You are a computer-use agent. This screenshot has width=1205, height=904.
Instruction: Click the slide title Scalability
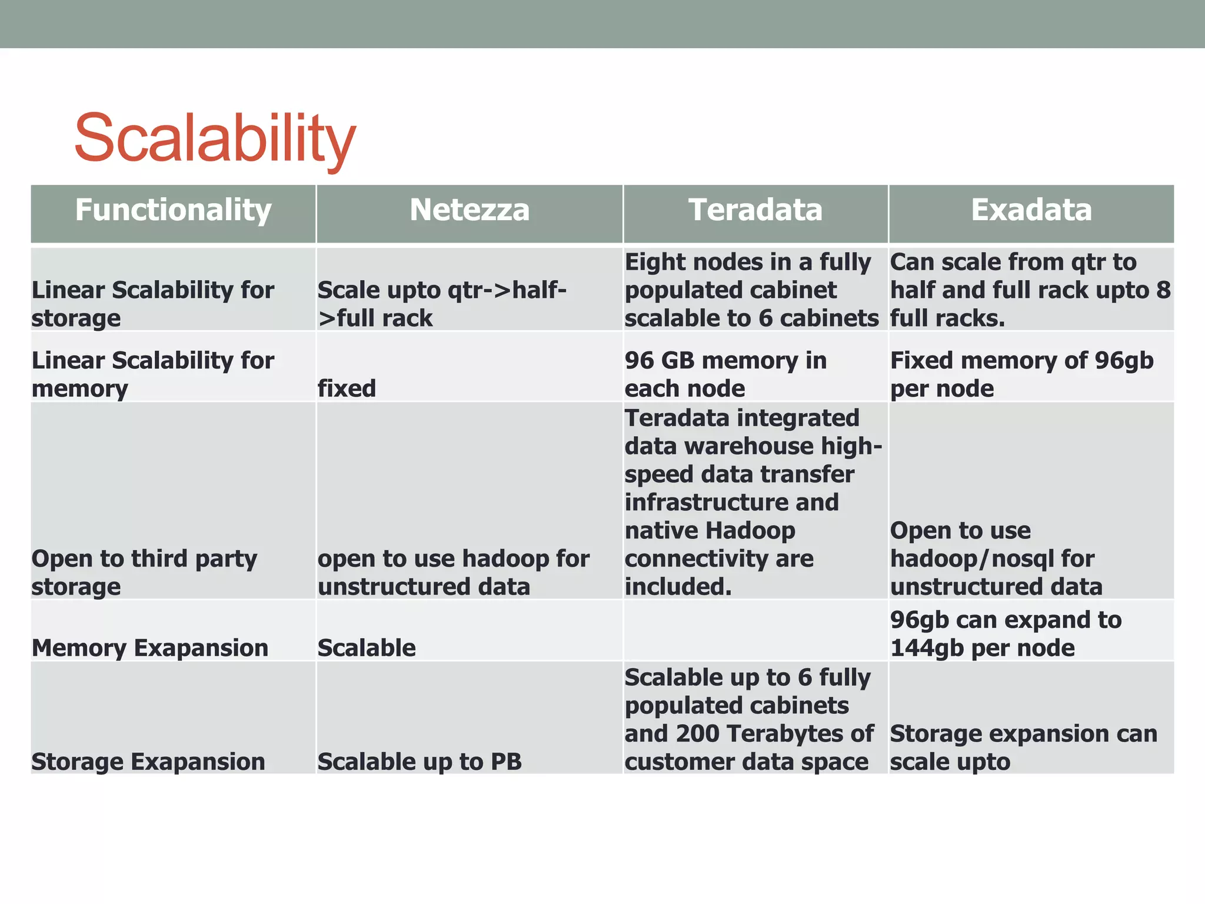(215, 138)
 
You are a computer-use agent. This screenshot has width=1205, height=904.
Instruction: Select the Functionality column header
(173, 210)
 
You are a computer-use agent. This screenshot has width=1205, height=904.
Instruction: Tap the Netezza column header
(470, 210)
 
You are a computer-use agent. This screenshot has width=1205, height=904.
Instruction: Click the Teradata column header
(755, 210)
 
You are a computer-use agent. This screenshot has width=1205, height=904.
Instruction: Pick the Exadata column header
(1031, 210)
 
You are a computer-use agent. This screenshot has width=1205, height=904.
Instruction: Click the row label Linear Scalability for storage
(153, 304)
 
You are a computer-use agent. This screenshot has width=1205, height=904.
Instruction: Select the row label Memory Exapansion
(150, 648)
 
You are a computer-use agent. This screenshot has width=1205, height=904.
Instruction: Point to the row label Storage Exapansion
(148, 762)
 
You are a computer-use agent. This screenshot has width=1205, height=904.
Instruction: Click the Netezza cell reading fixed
(347, 388)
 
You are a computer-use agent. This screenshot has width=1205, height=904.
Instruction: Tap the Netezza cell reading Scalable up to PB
(420, 762)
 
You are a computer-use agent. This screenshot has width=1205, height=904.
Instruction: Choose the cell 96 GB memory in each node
(725, 374)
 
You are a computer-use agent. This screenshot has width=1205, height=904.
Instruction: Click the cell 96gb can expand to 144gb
(1006, 634)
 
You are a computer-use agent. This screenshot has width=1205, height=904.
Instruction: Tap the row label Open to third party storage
(144, 572)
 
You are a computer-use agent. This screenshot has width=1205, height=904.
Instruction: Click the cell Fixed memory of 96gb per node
(1021, 374)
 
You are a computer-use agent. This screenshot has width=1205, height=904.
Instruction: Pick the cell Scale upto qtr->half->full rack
(441, 304)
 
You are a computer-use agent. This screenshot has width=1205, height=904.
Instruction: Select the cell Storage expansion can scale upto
(1023, 747)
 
